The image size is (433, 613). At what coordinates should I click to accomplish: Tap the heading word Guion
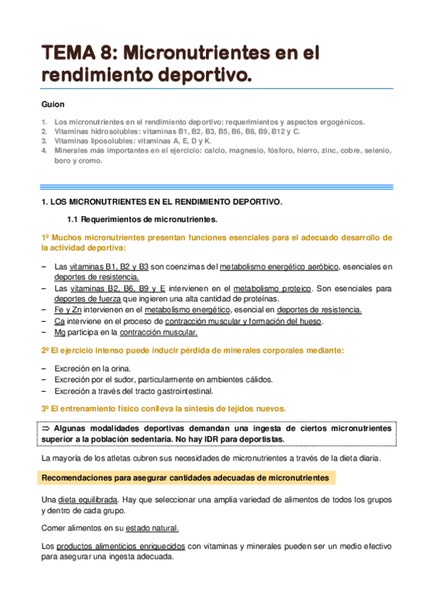click(53, 104)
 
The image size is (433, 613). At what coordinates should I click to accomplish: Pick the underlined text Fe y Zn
click(67, 310)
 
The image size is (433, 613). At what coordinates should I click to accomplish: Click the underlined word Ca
click(59, 321)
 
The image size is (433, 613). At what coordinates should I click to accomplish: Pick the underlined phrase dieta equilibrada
click(88, 500)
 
